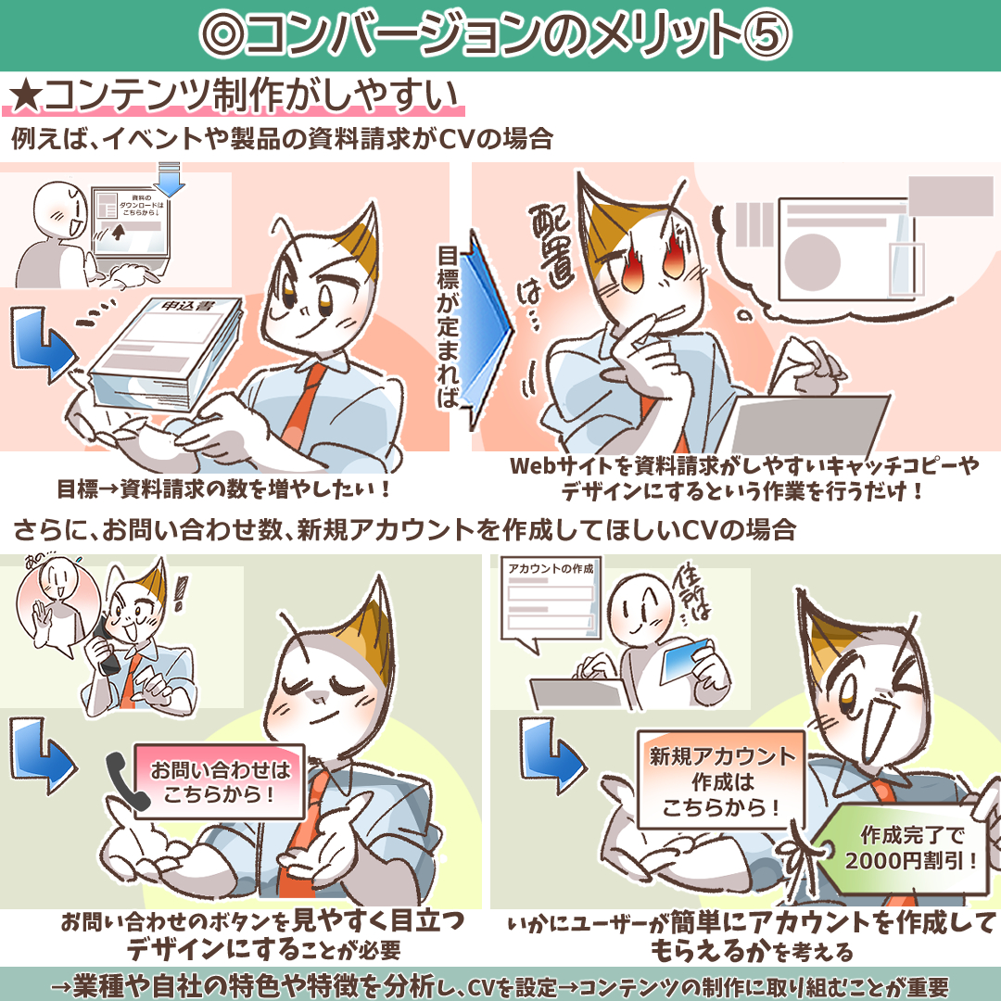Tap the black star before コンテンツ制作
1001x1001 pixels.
click(x=26, y=97)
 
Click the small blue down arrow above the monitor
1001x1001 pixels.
click(x=170, y=180)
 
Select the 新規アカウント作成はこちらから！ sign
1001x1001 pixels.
click(x=721, y=781)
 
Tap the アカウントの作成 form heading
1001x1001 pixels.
click(x=551, y=568)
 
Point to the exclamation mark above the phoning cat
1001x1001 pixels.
click(x=182, y=592)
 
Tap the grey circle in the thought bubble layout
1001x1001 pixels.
click(x=812, y=262)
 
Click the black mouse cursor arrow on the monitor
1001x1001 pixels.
click(x=118, y=231)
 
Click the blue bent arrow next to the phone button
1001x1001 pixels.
click(x=42, y=757)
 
